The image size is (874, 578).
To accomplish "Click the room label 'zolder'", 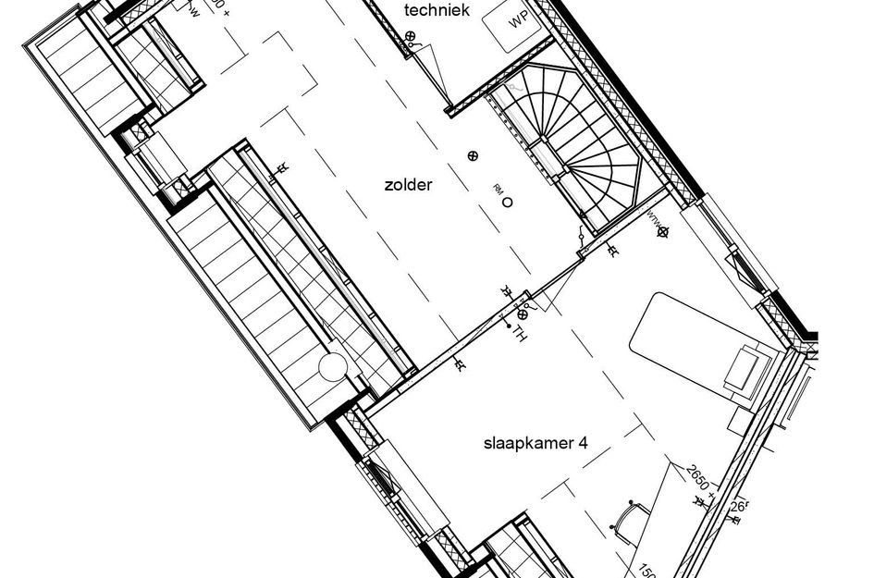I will pyautogui.click(x=408, y=185).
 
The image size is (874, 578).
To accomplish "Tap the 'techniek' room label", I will pyautogui.click(x=437, y=11).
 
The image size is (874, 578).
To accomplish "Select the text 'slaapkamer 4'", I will pyautogui.click(x=535, y=443).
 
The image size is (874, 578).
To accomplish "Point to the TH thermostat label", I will pyautogui.click(x=520, y=334).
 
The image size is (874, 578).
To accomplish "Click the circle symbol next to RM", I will pyautogui.click(x=507, y=203).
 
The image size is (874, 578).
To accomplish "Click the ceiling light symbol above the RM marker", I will pyautogui.click(x=473, y=155).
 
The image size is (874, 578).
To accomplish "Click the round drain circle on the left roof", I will pyautogui.click(x=333, y=368).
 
